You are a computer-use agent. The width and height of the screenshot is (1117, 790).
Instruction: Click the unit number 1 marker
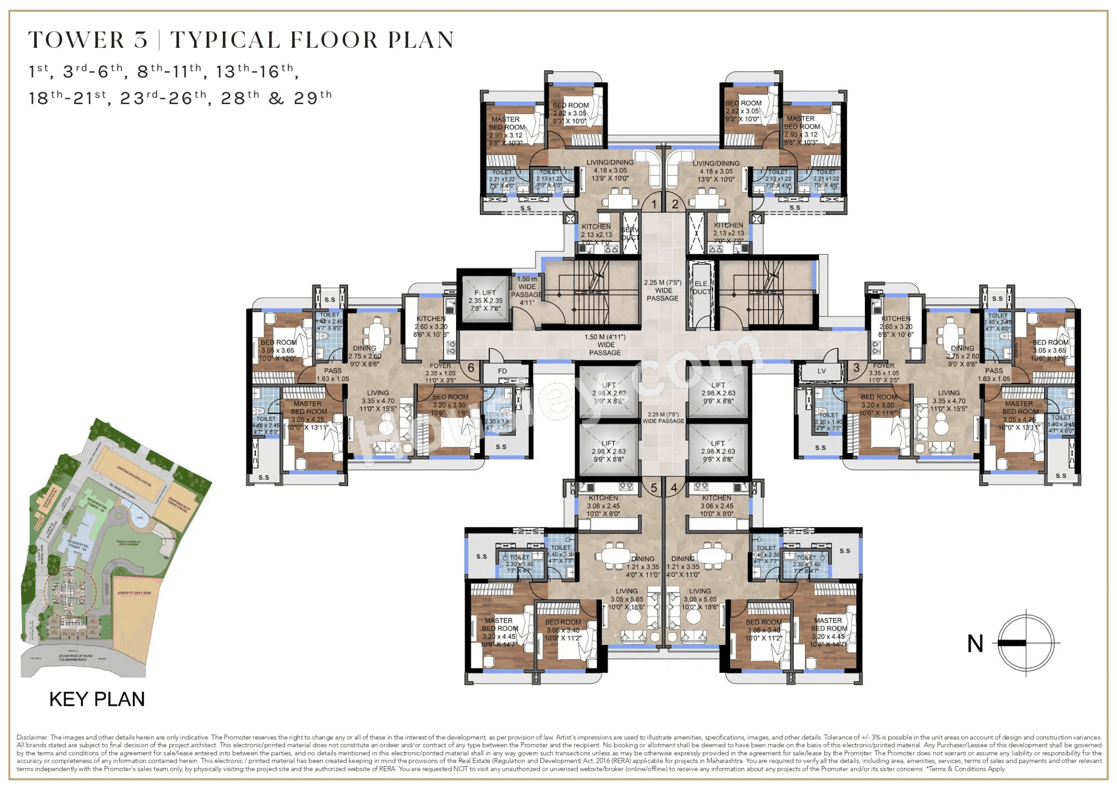point(654,205)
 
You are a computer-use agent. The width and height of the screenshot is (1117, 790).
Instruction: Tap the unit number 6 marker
point(471,367)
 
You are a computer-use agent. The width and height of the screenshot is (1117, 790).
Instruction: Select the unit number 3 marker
point(856,367)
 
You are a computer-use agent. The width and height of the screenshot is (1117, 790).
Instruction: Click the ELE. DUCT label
point(701,288)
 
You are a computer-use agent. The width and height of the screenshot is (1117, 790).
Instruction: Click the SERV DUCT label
point(630,234)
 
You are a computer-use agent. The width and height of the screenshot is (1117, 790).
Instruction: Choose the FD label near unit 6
point(502,371)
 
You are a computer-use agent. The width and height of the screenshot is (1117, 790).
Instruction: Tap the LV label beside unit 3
point(822,371)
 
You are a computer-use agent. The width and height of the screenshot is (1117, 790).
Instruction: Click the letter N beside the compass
point(975,644)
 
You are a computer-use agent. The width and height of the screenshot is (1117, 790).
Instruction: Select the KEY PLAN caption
point(97,699)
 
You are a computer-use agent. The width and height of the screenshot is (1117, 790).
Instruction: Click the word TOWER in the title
point(76,40)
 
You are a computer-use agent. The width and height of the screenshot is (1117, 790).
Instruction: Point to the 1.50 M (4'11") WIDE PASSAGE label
point(605,344)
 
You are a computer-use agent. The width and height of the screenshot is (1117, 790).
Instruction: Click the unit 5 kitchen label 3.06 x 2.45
point(603,506)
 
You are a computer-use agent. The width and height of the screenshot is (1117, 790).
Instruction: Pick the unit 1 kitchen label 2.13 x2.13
point(596,234)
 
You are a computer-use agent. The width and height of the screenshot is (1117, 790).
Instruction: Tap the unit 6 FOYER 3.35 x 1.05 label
point(440,373)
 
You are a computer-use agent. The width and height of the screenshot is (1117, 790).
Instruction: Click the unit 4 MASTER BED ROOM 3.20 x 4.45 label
point(828,632)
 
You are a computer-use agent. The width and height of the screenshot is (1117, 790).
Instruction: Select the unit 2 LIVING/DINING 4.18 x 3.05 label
point(716,171)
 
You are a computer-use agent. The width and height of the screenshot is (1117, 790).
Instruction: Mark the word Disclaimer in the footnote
point(32,737)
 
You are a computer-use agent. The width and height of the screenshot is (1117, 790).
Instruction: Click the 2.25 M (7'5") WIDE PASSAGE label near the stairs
point(663,290)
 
